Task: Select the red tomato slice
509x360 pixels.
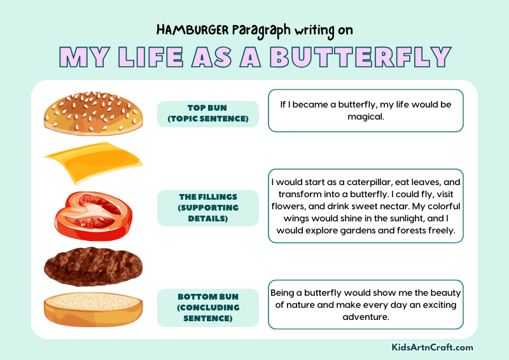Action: (x=93, y=212)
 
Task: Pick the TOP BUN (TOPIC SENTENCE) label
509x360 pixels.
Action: (x=208, y=114)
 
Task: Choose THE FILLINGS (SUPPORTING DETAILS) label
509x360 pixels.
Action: (x=208, y=208)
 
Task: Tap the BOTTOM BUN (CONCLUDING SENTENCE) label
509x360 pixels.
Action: (x=208, y=308)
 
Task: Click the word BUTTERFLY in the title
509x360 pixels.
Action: (x=360, y=57)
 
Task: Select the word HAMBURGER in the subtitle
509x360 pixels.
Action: (x=189, y=29)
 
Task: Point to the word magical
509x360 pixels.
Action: (x=366, y=116)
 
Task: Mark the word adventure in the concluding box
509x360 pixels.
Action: (x=366, y=316)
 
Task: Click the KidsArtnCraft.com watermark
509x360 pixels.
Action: (x=432, y=347)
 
